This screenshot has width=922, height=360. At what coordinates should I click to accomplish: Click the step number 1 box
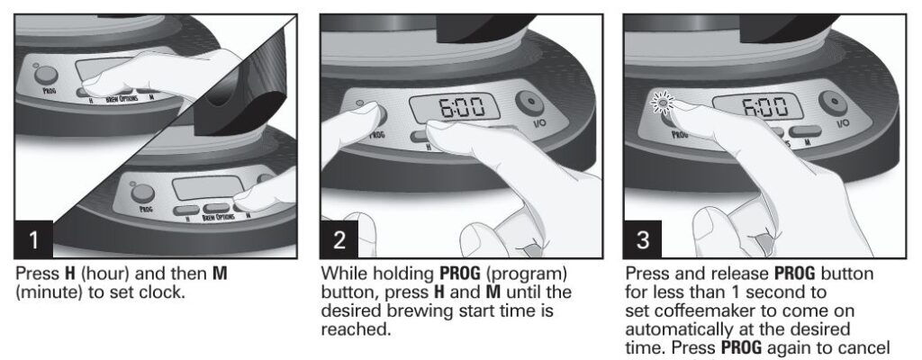33,241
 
